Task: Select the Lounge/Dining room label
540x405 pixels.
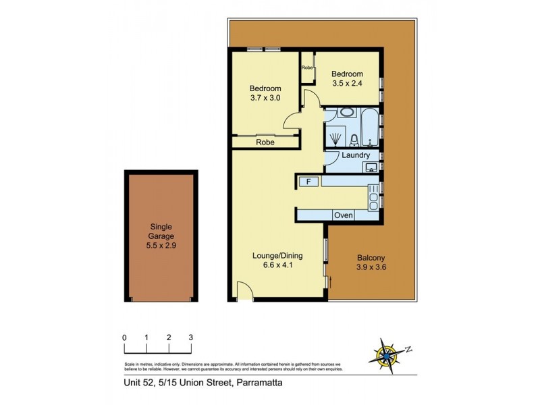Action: point(277,256)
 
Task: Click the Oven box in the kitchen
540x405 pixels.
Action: point(344,215)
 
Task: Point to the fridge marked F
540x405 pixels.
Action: point(308,182)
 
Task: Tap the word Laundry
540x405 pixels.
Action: point(355,156)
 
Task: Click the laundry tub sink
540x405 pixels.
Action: point(371,167)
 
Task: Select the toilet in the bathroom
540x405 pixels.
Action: point(354,140)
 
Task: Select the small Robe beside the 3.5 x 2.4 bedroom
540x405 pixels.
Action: point(307,67)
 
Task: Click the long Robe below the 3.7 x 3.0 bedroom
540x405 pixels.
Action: point(265,142)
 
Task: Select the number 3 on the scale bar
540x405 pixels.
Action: point(191,337)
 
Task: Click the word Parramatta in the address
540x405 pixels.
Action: point(258,384)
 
